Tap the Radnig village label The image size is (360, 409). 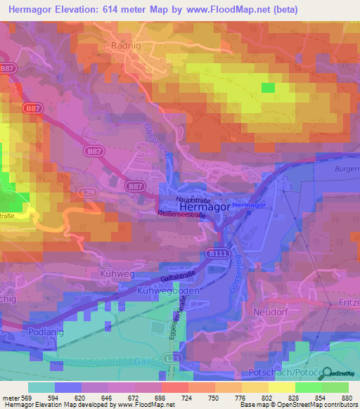(127, 45)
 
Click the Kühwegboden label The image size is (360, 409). (169, 290)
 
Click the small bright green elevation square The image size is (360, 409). (268, 87)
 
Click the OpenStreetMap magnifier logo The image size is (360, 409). (326, 373)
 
